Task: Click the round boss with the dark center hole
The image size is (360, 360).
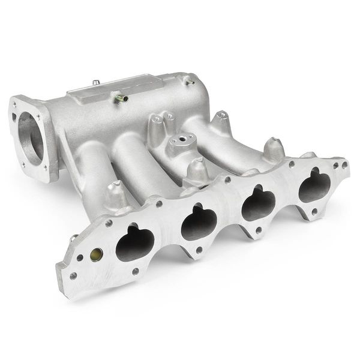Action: pyautogui.click(x=179, y=141)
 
